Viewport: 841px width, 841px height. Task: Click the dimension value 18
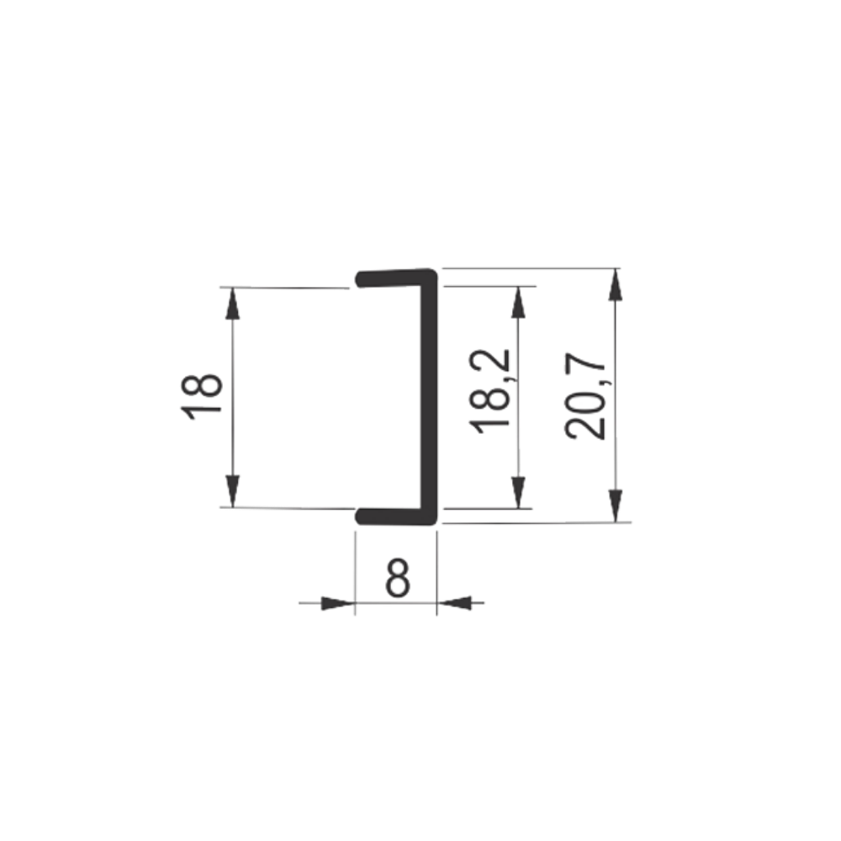(x=202, y=396)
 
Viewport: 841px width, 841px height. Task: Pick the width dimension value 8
(x=398, y=579)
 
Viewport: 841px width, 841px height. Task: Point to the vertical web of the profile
(x=429, y=397)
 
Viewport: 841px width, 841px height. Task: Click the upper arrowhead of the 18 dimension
(x=232, y=303)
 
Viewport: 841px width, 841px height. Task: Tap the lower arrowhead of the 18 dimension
(x=232, y=491)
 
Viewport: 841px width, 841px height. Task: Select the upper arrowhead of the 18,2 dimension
(x=517, y=302)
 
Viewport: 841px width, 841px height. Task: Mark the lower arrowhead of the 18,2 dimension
(x=517, y=492)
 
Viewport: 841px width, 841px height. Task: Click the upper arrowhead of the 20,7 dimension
(x=616, y=284)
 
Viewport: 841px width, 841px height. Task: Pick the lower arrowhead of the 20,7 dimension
(x=616, y=505)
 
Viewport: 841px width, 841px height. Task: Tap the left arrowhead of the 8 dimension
(x=338, y=603)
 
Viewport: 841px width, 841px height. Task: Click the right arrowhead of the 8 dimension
(x=454, y=603)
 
